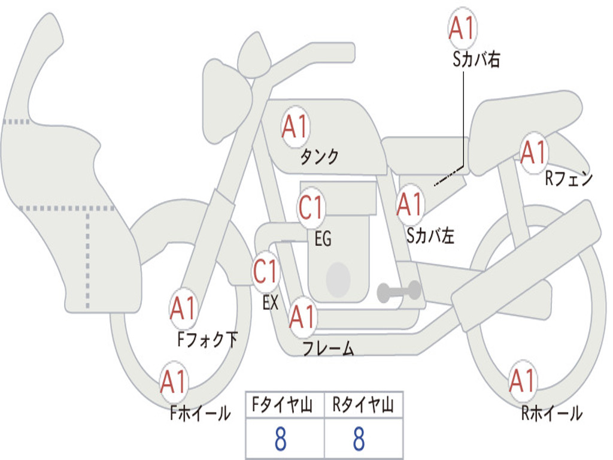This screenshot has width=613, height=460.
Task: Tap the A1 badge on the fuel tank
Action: coord(296,127)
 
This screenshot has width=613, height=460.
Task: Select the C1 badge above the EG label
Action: coord(311,207)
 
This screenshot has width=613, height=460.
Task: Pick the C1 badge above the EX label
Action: coord(266,271)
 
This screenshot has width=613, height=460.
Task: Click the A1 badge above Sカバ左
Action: coord(409,204)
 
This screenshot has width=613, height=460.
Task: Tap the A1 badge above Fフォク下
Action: coord(183,308)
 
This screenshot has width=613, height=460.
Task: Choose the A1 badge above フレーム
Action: coord(302,316)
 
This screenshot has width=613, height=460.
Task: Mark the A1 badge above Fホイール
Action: coord(174,382)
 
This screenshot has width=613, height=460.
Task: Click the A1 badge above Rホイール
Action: coord(522,380)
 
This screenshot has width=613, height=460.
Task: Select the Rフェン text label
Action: coord(569,178)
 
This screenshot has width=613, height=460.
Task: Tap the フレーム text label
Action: coord(329,348)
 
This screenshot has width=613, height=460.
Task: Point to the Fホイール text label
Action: coord(201,413)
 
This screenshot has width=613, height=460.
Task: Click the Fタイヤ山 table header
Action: coord(282,404)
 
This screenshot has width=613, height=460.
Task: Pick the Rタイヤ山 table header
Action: coord(363,404)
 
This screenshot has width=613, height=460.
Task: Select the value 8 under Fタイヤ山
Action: coord(281,438)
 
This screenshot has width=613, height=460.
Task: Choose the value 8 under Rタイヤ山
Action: coord(359,438)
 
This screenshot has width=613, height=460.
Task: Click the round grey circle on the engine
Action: coord(338,280)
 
